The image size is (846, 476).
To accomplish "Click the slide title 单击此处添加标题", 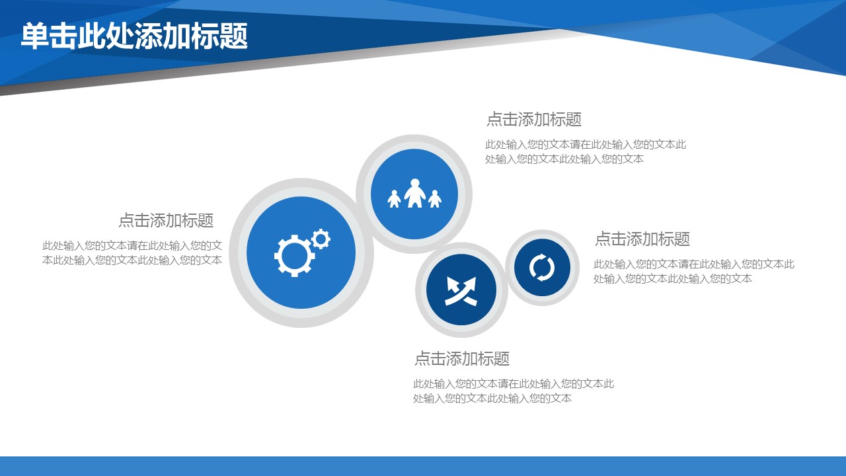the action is [134, 36].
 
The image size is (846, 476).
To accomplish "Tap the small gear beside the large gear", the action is [321, 239].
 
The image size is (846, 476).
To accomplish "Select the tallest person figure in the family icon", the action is [414, 193].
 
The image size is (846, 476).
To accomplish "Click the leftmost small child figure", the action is [394, 199].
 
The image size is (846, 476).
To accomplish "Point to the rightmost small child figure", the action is [435, 199].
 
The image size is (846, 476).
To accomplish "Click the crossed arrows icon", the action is [461, 291].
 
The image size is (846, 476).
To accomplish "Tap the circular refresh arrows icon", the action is [542, 268].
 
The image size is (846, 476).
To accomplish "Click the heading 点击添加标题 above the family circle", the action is [533, 120].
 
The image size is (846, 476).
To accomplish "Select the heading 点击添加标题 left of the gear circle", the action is [166, 220].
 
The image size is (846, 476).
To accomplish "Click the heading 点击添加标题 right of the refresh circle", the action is [642, 239].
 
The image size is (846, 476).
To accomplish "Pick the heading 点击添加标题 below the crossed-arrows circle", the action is [462, 358].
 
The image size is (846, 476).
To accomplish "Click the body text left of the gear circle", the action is [132, 253].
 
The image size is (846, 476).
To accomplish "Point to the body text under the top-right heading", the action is [586, 151].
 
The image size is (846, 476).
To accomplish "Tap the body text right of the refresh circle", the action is [694, 271].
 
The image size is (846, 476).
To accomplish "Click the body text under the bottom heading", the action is [514, 391].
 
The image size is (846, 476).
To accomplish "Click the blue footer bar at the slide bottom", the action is [423, 466].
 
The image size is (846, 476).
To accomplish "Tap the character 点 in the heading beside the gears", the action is [126, 220].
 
